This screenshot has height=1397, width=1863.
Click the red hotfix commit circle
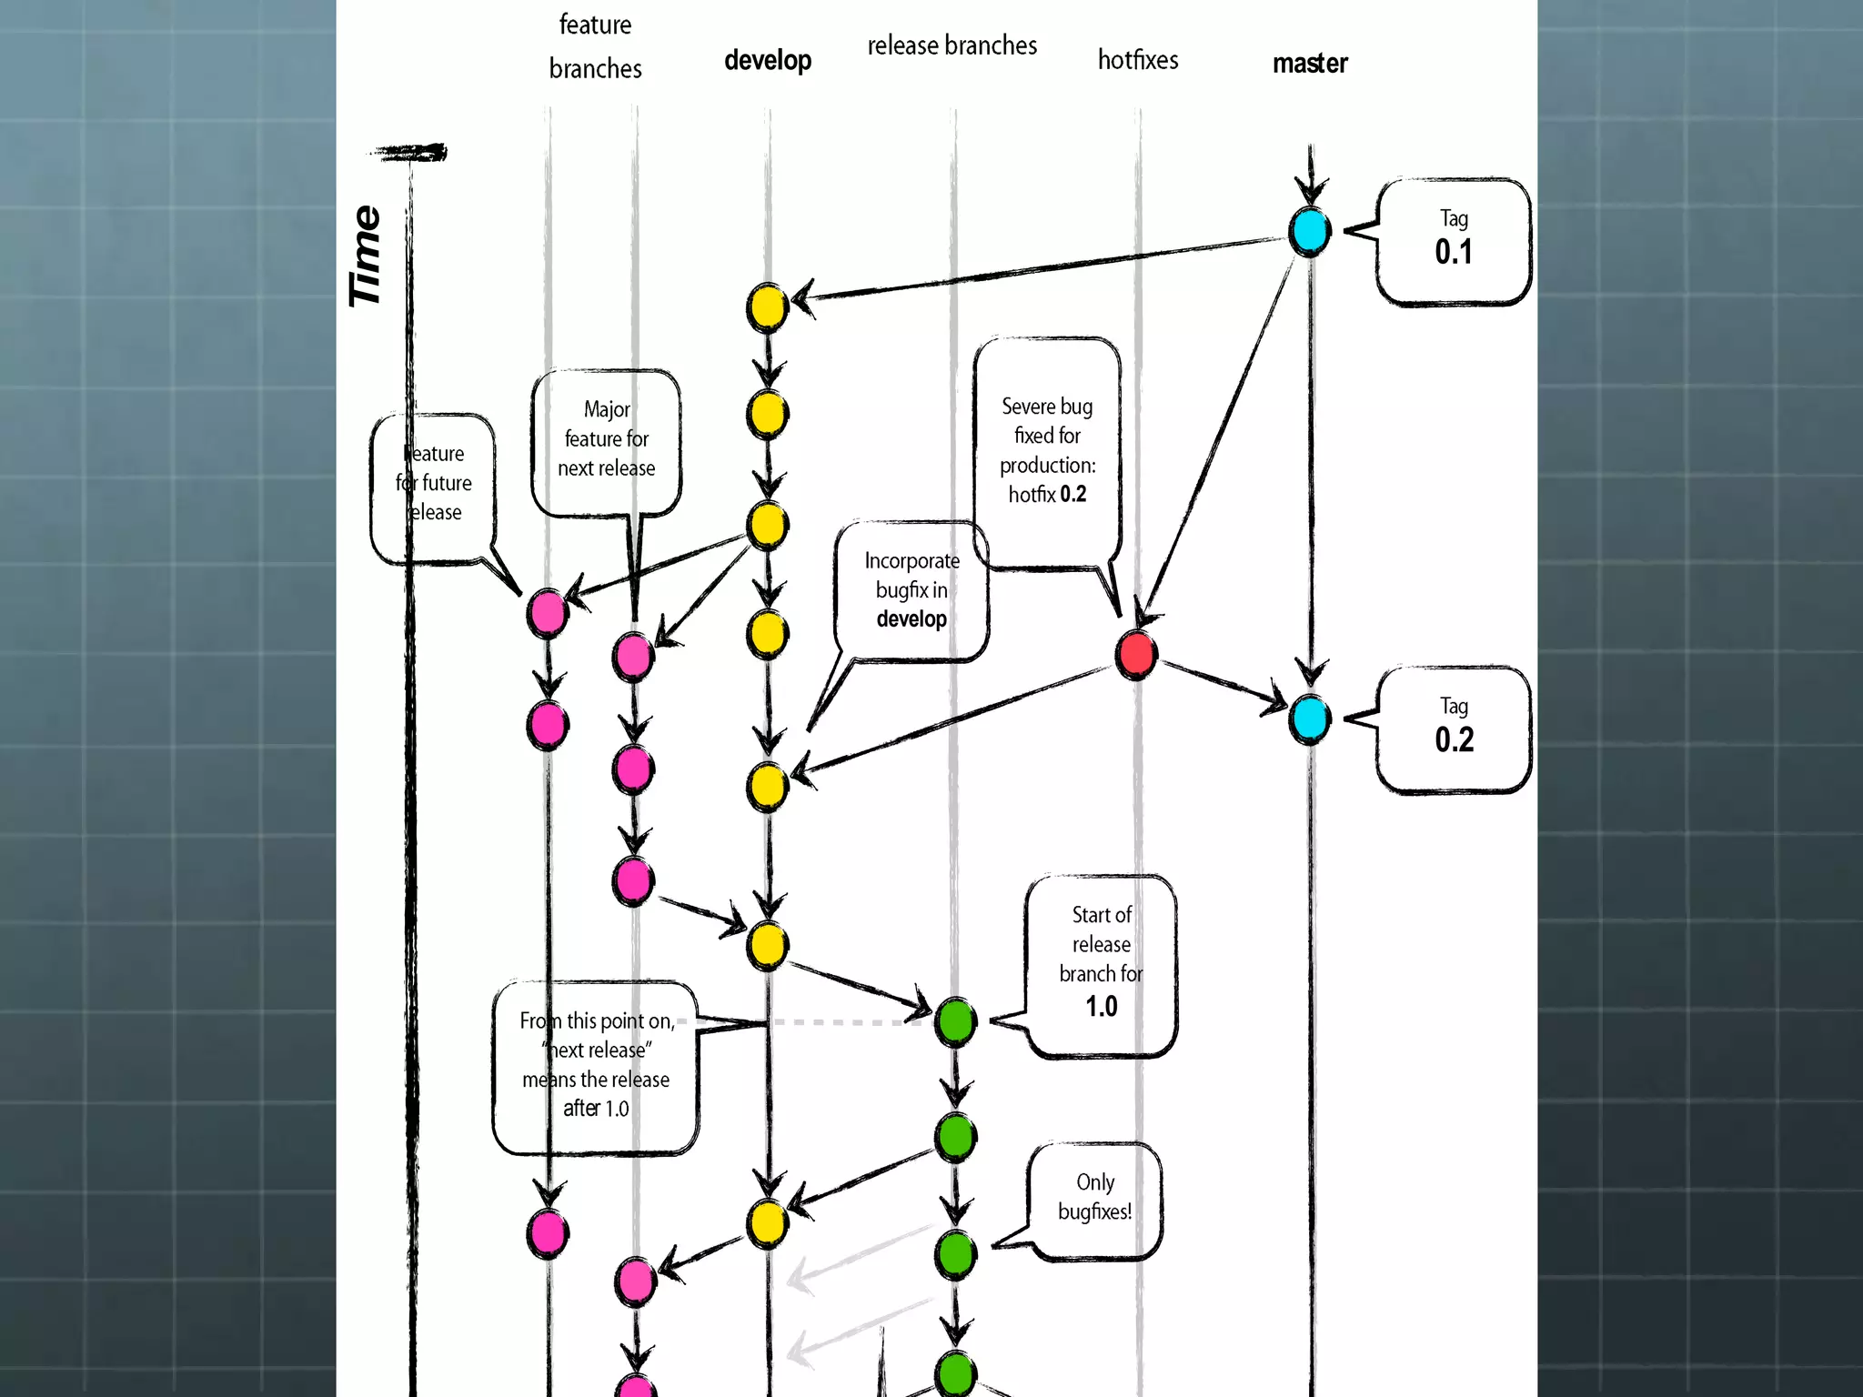[x=1136, y=654]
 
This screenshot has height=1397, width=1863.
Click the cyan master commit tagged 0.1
[x=1309, y=231]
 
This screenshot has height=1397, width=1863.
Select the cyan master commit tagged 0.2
[x=1309, y=719]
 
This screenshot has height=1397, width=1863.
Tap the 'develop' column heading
[x=768, y=61]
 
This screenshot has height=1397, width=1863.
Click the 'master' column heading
[x=1310, y=64]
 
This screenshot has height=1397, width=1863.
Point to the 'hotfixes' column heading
[x=1137, y=60]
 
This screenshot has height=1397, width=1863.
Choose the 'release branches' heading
[x=952, y=45]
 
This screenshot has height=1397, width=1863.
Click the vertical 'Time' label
[x=366, y=256]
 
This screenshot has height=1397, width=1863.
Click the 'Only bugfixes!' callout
[x=1094, y=1198]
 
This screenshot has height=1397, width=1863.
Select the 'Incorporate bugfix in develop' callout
[x=911, y=589]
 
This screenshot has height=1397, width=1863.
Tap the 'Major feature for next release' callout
[x=606, y=439]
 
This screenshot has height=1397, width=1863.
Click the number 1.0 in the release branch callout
[x=1101, y=1007]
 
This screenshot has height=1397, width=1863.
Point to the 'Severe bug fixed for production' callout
[x=1047, y=451]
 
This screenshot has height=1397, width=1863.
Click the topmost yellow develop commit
[x=767, y=307]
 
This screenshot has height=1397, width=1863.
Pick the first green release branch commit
[x=955, y=1021]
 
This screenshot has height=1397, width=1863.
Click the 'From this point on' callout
[x=596, y=1065]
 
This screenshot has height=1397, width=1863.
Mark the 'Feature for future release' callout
[x=434, y=484]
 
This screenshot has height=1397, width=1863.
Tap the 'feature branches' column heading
[x=595, y=46]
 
